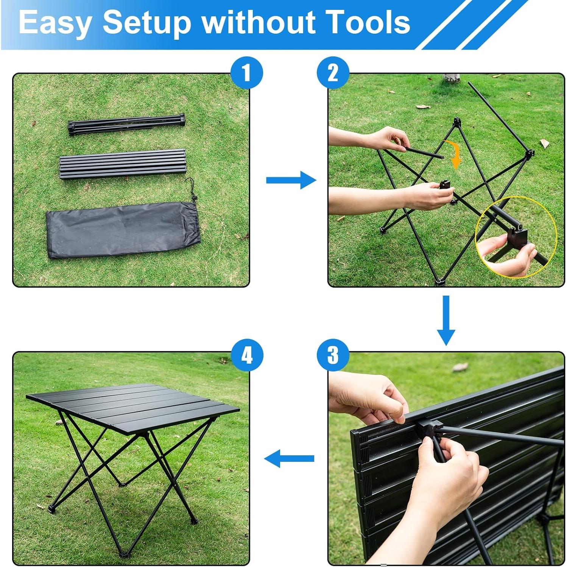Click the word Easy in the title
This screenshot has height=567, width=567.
[55, 23]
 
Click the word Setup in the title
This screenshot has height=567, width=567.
[147, 23]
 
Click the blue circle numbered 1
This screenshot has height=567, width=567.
[246, 73]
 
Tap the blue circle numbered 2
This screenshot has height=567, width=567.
[333, 73]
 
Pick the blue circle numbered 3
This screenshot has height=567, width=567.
[333, 355]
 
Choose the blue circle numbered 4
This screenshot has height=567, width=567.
[246, 355]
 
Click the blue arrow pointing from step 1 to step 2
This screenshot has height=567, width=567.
[291, 180]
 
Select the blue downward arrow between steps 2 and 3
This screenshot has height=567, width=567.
[446, 320]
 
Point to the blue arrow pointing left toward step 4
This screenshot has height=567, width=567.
[289, 458]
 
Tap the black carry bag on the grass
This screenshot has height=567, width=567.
[121, 230]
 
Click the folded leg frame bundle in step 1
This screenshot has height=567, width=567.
[126, 124]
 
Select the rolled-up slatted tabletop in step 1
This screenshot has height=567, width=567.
[122, 164]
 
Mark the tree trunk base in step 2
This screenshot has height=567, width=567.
[451, 78]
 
